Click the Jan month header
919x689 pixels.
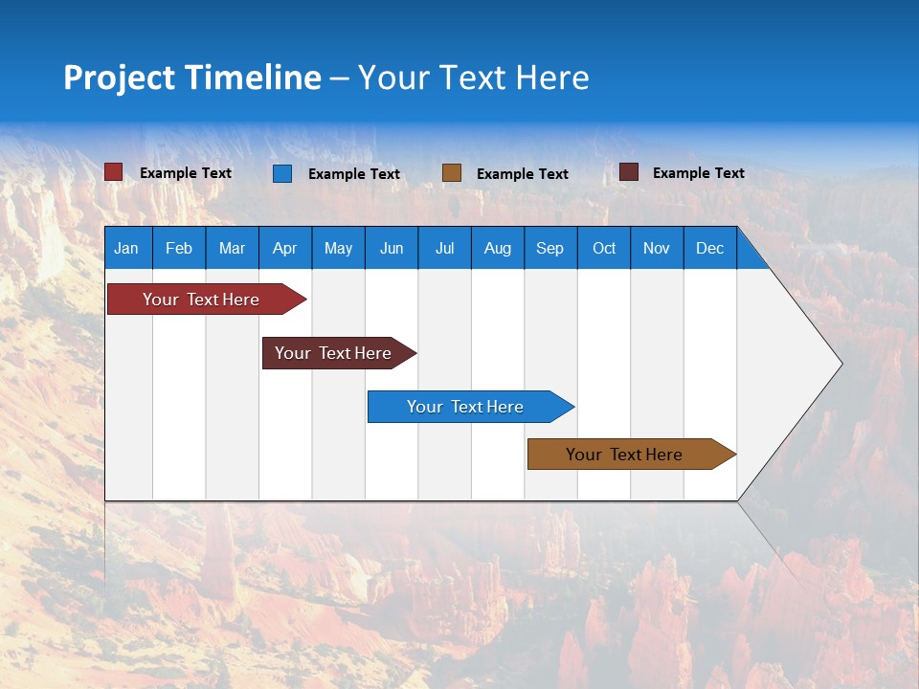pyautogui.click(x=126, y=248)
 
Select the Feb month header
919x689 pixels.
pyautogui.click(x=179, y=248)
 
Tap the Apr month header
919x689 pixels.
pyautogui.click(x=285, y=248)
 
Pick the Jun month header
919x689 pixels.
pyautogui.click(x=392, y=248)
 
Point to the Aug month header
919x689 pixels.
pyautogui.click(x=498, y=248)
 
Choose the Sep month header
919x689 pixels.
pyautogui.click(x=550, y=248)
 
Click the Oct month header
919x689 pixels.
pyautogui.click(x=604, y=248)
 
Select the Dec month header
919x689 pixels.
pyautogui.click(x=710, y=248)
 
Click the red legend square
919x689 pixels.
pyautogui.click(x=114, y=172)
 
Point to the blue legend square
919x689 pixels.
pyautogui.click(x=282, y=173)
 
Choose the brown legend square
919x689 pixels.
pyautogui.click(x=452, y=173)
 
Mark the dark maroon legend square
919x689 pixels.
pyautogui.click(x=629, y=172)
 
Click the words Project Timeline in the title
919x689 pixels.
pyautogui.click(x=192, y=78)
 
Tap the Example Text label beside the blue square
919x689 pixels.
pyautogui.click(x=354, y=174)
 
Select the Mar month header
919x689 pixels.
pyautogui.click(x=233, y=248)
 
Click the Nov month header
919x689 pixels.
pyautogui.click(x=657, y=248)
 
